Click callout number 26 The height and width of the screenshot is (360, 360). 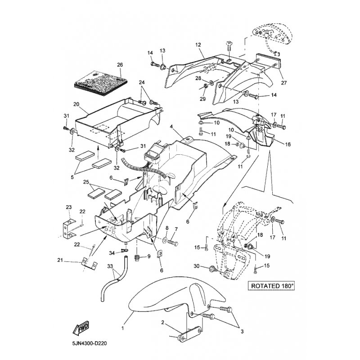pyautogui.click(x=120, y=65)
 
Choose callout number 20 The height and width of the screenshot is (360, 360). pyautogui.click(x=76, y=104)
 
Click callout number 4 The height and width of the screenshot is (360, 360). pyautogui.click(x=171, y=127)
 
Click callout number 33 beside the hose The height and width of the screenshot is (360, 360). pyautogui.click(x=110, y=266)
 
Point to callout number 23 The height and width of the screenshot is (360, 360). pyautogui.click(x=69, y=207)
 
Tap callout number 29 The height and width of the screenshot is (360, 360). pyautogui.click(x=189, y=99)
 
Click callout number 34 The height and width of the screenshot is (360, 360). pyautogui.click(x=112, y=253)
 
